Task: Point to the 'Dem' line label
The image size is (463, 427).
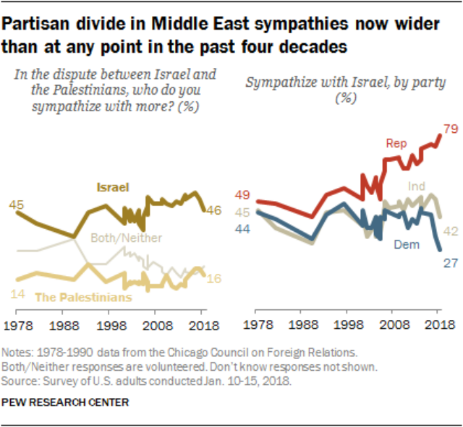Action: coord(405,245)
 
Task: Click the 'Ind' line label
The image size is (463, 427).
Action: coord(417,187)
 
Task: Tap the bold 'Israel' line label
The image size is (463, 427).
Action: coord(112,187)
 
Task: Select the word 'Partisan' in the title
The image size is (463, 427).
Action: coord(39,24)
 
